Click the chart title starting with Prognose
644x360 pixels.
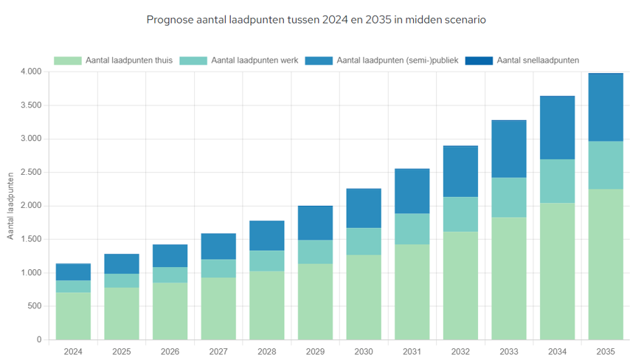click(x=316, y=20)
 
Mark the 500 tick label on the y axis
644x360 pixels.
click(x=35, y=306)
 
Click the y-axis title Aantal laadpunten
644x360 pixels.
click(x=11, y=206)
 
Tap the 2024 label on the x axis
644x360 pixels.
click(x=73, y=352)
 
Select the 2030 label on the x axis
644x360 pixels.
click(x=364, y=352)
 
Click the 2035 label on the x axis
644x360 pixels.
click(x=606, y=352)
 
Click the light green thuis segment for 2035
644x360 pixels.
click(x=606, y=264)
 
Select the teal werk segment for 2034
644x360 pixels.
click(x=557, y=181)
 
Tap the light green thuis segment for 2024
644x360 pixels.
click(x=73, y=316)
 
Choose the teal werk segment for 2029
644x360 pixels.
click(x=315, y=252)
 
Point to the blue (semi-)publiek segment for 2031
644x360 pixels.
click(x=412, y=191)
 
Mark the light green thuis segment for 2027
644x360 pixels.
click(x=218, y=308)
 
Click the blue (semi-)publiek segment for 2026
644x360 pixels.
click(x=170, y=256)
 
